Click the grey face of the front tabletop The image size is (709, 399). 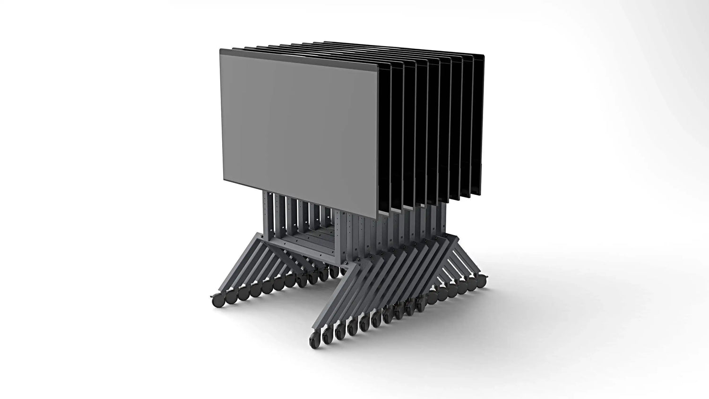coord(298,132)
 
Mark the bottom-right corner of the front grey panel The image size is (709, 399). coord(377,217)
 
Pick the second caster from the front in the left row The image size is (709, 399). coord(232,297)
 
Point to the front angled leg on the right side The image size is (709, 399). coord(333,298)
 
